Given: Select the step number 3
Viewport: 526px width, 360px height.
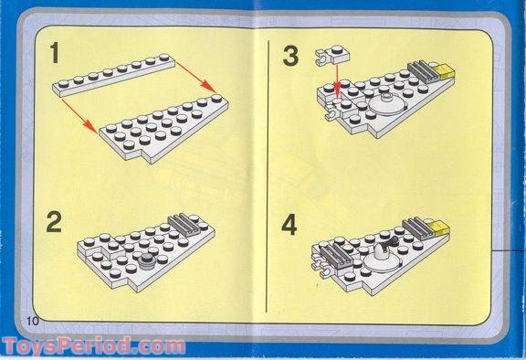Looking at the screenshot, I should click(290, 56).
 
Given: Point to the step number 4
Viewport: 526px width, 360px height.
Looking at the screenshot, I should click(290, 225).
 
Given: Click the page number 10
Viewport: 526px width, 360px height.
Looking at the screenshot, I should click(35, 320).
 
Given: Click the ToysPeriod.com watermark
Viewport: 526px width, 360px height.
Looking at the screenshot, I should click(93, 346).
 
